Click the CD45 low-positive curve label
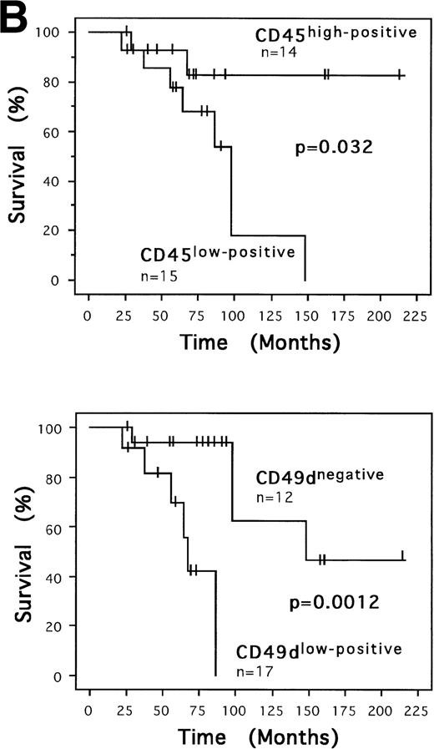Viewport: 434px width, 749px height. tap(216, 251)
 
